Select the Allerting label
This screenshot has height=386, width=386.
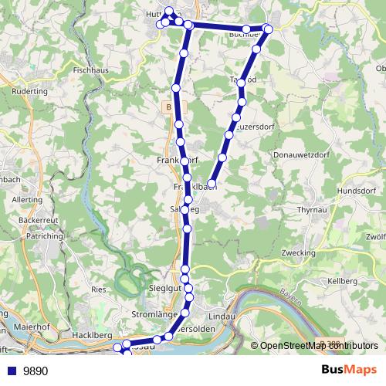click(x=28, y=198)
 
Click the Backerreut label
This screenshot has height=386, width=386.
click(x=36, y=220)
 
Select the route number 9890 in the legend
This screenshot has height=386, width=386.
click(x=36, y=371)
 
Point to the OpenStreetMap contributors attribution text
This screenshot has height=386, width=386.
click(x=319, y=346)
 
